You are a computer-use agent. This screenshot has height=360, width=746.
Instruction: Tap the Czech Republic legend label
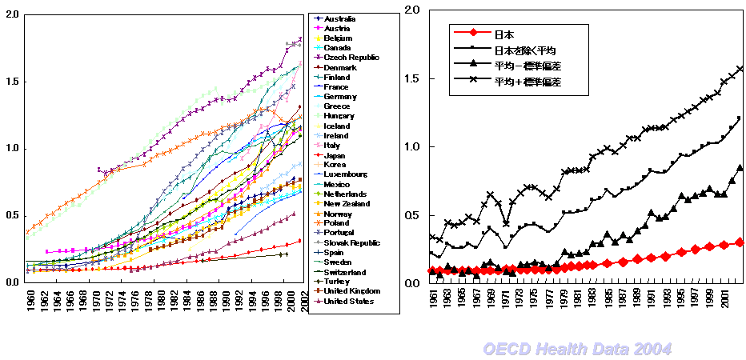coord(350,58)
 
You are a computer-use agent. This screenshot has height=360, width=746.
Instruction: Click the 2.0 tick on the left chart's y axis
coord(11,15)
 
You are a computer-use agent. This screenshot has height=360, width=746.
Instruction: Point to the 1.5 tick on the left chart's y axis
coord(11,82)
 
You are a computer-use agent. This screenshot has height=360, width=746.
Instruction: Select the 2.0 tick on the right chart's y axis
coord(412,10)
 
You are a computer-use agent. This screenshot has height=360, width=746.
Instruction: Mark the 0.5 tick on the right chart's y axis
coord(412,215)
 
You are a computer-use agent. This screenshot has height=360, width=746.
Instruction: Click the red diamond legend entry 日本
coord(504,34)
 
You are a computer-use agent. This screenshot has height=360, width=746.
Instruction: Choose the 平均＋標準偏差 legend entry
coord(528,81)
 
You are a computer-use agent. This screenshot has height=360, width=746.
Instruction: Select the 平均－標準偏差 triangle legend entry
coord(528,65)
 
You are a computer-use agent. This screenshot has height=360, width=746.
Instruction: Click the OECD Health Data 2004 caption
coord(576,349)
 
